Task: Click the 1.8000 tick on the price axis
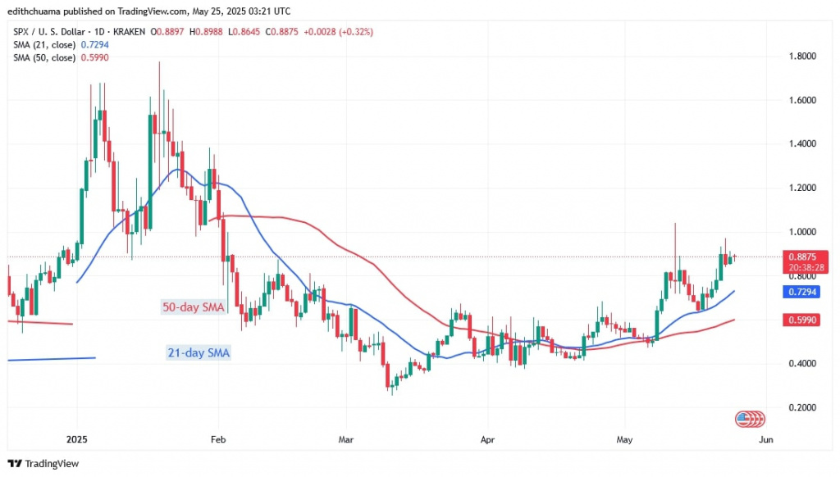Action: (801, 56)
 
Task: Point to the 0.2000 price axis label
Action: (801, 407)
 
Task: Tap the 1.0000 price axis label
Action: (801, 232)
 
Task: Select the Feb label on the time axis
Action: (217, 438)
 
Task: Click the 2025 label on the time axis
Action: (75, 438)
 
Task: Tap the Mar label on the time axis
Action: (345, 438)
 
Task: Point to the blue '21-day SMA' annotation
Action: (194, 353)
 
